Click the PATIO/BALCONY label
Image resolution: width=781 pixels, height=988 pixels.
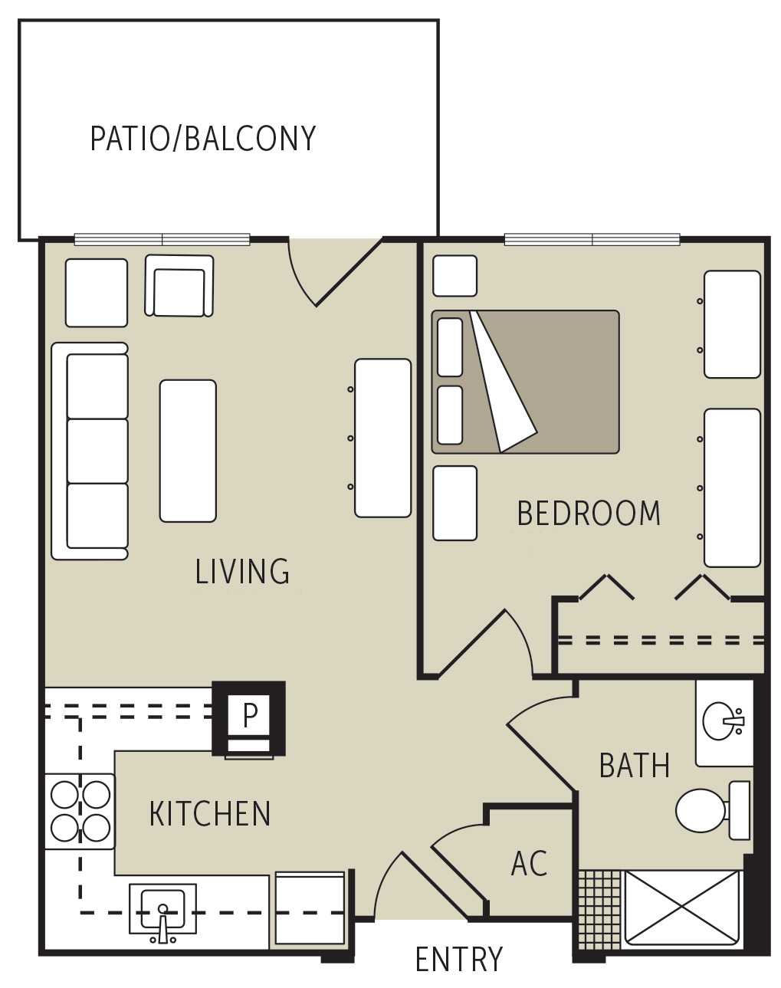pos(202,139)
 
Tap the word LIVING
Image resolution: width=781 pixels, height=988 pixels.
pos(242,572)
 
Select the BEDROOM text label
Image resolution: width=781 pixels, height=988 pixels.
pos(589,514)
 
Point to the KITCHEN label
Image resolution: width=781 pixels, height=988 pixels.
pos(210,814)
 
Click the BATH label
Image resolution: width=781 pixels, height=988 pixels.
pos(634,766)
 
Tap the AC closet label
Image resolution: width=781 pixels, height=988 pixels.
pos(529,864)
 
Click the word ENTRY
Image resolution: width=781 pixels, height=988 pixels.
pos(458,960)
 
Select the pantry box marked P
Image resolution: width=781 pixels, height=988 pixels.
pos(250,715)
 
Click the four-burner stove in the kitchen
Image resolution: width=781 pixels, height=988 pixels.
pos(80,811)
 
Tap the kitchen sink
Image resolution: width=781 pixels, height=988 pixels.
pos(162,910)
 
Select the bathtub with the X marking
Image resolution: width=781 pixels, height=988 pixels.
pos(681,908)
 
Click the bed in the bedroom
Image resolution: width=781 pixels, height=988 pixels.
pos(525,382)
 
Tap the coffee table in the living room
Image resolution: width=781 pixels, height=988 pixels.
pos(188,451)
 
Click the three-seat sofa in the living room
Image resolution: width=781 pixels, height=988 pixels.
pos(90,451)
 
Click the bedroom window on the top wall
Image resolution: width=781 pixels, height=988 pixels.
pos(592,240)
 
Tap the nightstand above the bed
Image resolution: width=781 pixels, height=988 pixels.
pos(454,276)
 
